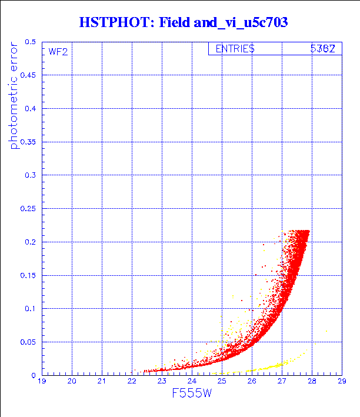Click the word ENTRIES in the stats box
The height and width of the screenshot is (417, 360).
[x=235, y=49]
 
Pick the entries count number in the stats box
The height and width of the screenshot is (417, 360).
[x=322, y=49]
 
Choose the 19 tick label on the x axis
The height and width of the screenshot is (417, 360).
[x=42, y=381]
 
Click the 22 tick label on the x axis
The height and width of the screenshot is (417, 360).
[x=132, y=381]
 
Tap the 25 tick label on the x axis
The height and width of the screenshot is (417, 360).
[x=221, y=381]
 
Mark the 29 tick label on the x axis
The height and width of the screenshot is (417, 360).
[x=341, y=381]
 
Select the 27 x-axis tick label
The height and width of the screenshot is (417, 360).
[x=281, y=381]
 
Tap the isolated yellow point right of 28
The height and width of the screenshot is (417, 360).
[x=326, y=331]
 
